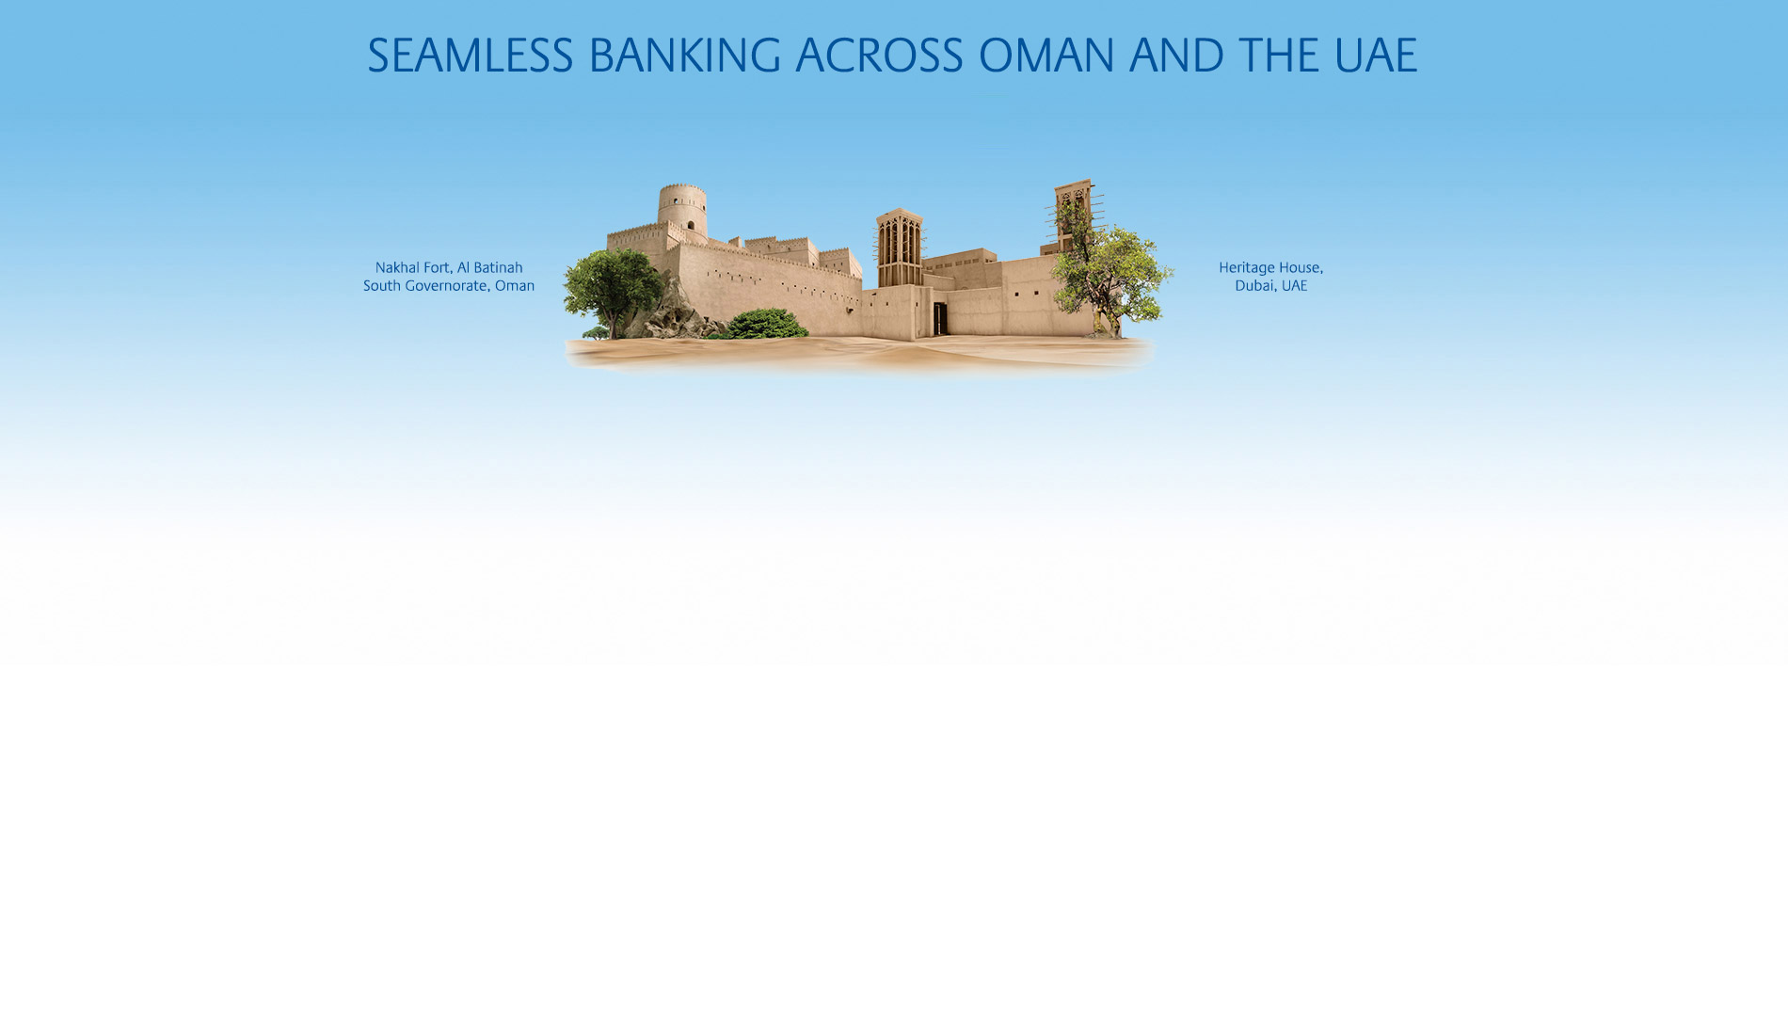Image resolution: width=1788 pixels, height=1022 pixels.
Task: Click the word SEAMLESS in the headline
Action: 470,56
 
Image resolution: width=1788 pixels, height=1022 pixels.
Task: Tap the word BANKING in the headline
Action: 684,56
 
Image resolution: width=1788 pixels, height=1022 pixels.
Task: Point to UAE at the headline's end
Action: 1375,56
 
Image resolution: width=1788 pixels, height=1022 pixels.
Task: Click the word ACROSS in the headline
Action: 879,56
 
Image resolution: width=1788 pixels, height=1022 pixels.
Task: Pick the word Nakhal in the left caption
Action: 398,268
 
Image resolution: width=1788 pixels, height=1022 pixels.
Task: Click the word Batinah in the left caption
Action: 498,268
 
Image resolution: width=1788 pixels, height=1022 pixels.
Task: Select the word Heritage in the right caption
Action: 1246,268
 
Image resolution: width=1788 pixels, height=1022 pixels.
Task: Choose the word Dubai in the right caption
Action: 1253,286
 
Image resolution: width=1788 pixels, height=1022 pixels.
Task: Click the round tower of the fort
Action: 682,209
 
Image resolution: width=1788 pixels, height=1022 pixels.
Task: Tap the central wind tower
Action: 900,248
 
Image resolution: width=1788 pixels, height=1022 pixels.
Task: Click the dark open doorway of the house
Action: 939,318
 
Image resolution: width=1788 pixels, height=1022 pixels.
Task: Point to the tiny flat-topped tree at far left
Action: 596,332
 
